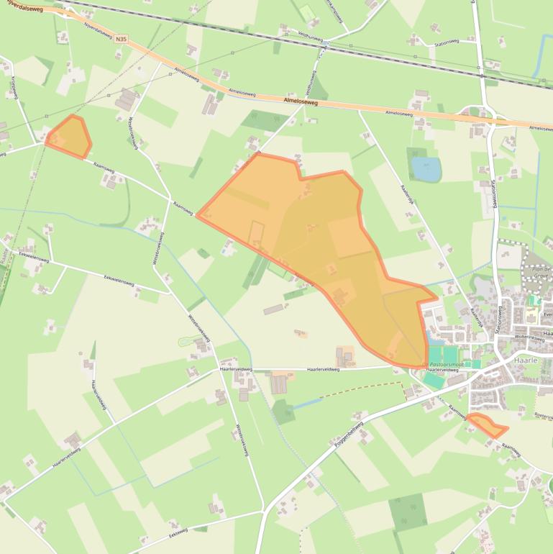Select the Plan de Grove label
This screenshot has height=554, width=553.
[x=539, y=272]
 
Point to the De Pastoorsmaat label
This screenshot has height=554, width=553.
[x=445, y=364]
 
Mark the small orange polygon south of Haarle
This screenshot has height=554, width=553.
[x=487, y=425]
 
